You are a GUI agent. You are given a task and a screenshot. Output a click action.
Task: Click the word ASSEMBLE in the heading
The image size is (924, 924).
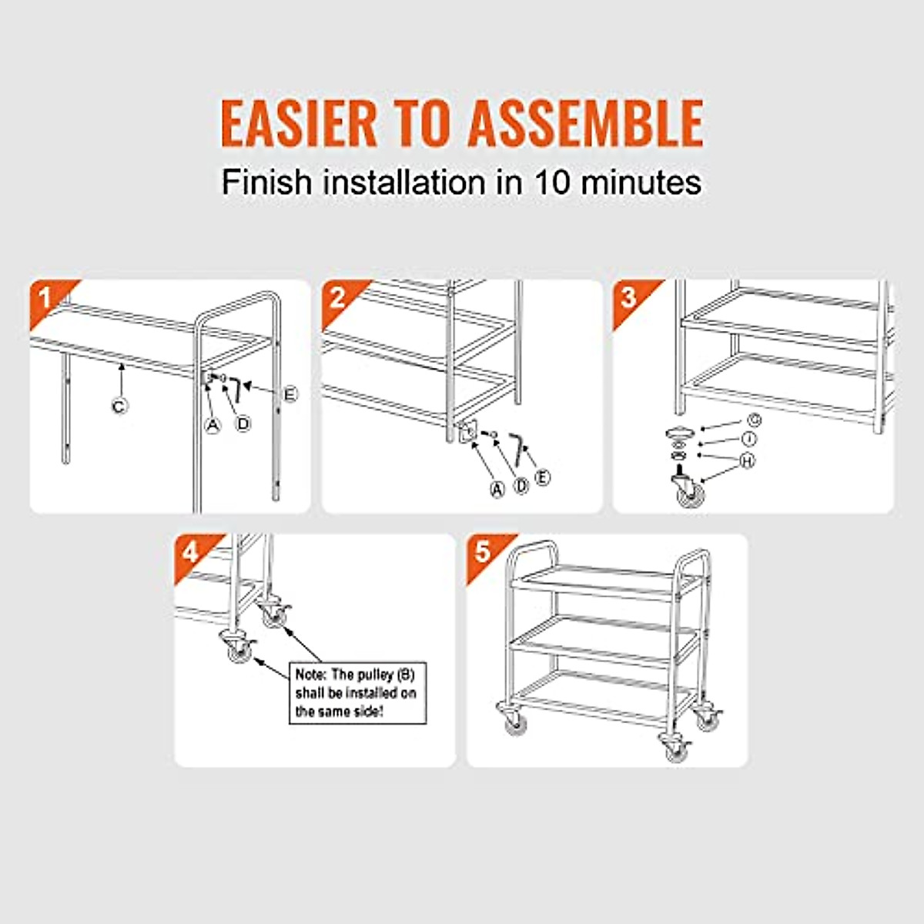[x=585, y=122]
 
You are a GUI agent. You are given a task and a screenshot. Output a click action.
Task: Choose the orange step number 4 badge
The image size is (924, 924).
[x=190, y=551]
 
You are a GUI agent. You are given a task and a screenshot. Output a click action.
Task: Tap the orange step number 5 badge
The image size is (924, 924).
[x=483, y=551]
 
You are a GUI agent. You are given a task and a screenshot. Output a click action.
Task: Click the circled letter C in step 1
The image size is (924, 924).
[x=119, y=405]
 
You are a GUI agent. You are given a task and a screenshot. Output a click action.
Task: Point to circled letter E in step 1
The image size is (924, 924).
[x=290, y=394]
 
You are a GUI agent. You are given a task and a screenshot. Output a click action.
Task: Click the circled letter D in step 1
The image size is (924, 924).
[x=243, y=423]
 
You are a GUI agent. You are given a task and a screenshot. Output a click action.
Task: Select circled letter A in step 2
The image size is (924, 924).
[x=497, y=488]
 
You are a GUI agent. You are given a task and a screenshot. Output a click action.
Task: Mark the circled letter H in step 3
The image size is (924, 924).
[x=747, y=460]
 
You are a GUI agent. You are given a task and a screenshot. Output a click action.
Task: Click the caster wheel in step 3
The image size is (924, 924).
[x=686, y=490]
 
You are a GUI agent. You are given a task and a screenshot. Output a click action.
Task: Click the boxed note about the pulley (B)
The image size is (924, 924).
[x=357, y=692]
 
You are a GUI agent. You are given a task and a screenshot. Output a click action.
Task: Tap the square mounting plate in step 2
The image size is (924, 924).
[x=464, y=434]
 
